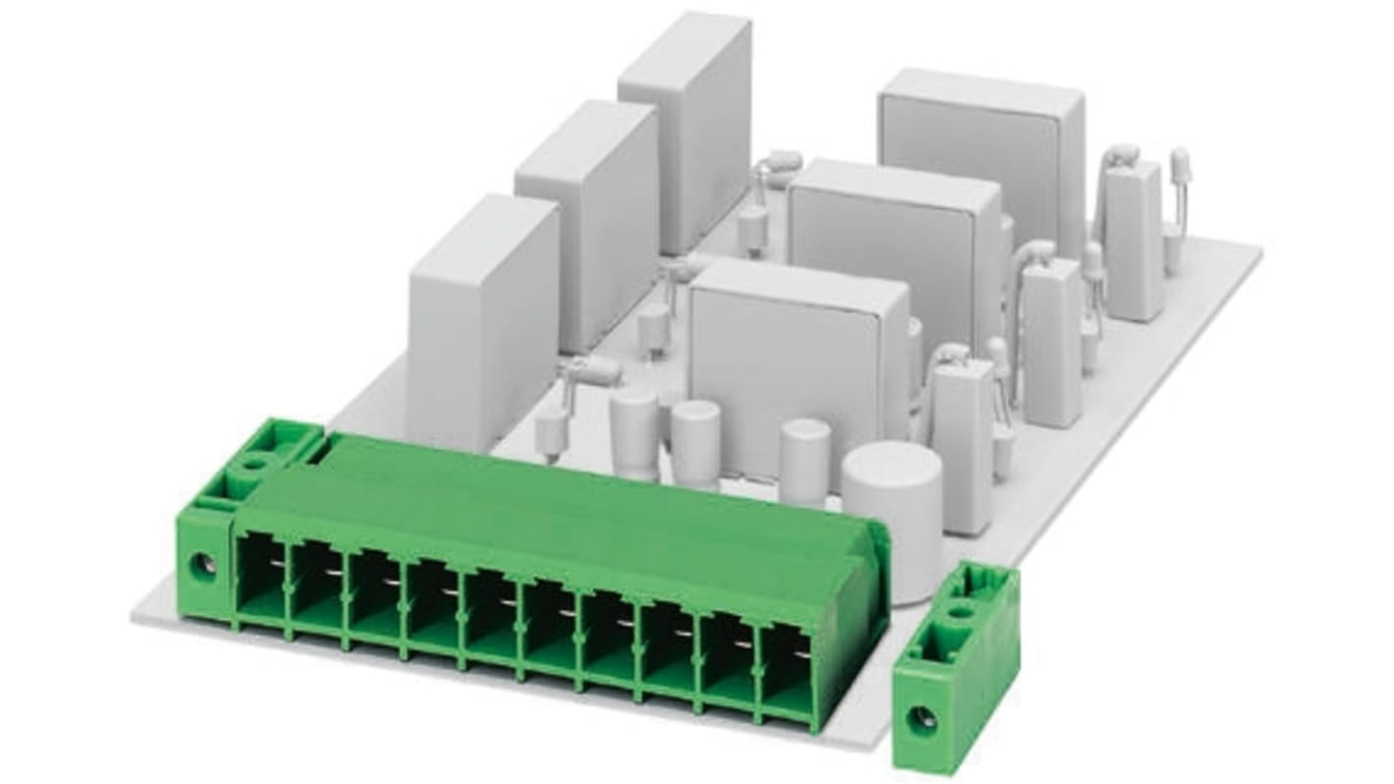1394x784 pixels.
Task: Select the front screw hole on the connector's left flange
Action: (203, 565)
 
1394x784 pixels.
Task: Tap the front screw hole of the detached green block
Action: (921, 718)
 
